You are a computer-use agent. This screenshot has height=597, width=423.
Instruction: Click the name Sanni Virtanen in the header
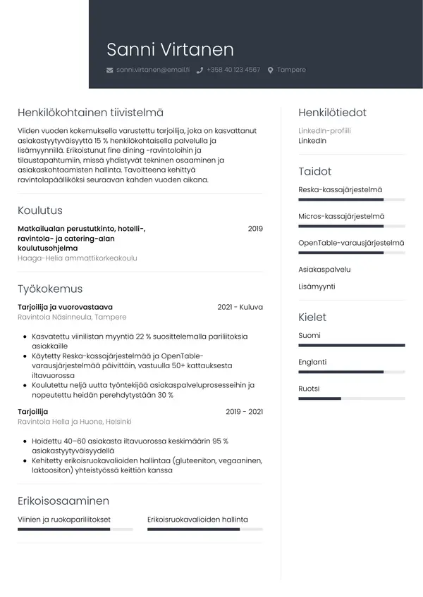click(x=170, y=49)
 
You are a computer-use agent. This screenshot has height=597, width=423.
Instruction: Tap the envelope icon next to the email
click(x=109, y=70)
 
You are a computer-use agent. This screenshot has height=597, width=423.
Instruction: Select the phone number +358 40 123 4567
click(x=233, y=70)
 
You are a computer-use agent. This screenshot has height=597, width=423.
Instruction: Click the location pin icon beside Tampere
click(x=270, y=70)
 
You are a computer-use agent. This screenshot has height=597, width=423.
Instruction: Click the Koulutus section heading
click(x=39, y=210)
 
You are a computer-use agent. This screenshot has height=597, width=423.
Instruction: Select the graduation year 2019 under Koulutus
click(x=255, y=229)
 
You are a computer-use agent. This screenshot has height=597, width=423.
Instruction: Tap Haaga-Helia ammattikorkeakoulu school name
click(x=78, y=258)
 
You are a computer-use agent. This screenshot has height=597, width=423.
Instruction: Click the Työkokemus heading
click(x=50, y=289)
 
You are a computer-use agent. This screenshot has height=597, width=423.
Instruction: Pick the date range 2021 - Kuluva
click(x=240, y=307)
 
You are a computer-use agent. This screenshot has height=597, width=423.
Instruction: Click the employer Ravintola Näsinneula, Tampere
click(x=72, y=318)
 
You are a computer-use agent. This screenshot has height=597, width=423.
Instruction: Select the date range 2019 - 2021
click(x=244, y=412)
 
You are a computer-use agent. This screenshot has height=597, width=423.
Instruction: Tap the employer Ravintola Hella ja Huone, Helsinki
click(x=75, y=422)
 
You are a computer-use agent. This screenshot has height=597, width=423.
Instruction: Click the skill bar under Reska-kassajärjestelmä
click(x=351, y=201)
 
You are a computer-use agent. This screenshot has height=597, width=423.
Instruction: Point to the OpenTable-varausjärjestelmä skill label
click(x=351, y=243)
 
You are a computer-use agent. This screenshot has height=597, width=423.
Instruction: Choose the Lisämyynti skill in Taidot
click(x=317, y=287)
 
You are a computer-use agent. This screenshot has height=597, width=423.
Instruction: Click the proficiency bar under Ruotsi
click(x=351, y=398)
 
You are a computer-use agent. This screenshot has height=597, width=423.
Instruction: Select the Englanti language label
click(x=312, y=362)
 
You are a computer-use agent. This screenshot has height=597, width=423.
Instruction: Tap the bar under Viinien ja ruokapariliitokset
click(x=75, y=529)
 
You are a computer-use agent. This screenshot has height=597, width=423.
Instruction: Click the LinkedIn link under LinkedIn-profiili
click(x=312, y=141)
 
